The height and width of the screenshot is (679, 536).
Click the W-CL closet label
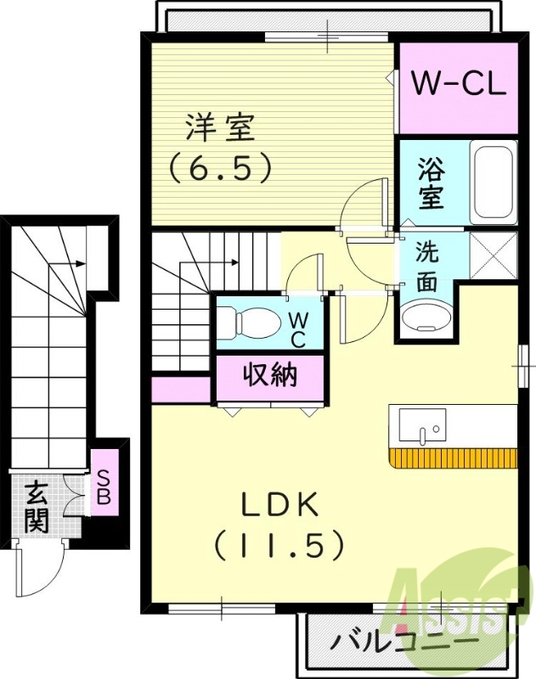459,84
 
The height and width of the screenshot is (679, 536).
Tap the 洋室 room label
220,129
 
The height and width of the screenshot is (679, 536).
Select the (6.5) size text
220,166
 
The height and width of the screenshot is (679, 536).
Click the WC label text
298,329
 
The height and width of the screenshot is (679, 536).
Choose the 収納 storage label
270,374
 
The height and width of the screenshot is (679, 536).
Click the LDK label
279,506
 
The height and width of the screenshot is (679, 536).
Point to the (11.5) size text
279,544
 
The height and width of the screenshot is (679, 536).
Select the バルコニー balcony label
404,640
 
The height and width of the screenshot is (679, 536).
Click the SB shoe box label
104,487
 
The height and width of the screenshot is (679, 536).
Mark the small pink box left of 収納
181,389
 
